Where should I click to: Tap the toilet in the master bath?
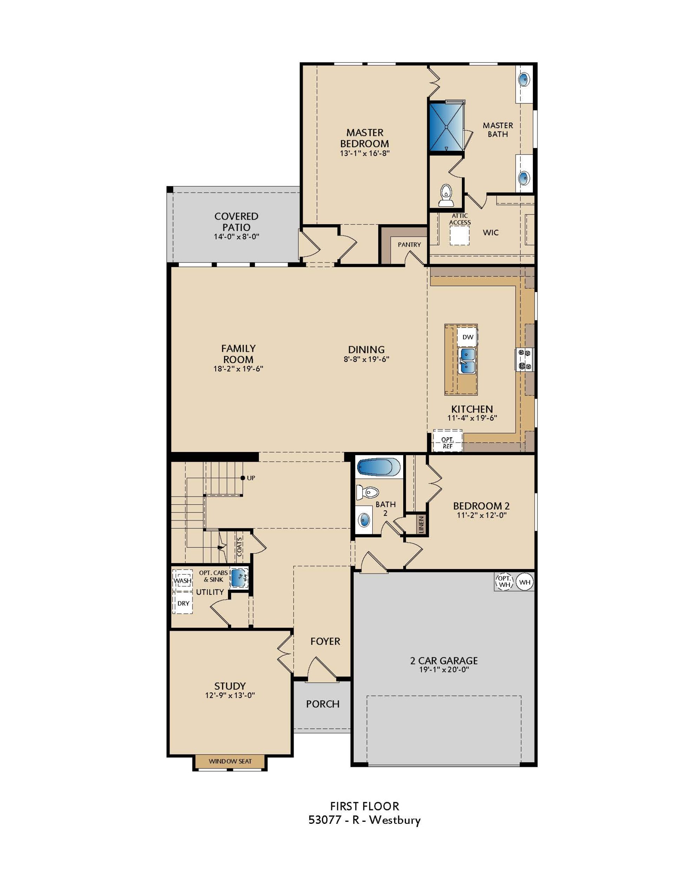pos(445,196)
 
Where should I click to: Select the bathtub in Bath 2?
pos(378,467)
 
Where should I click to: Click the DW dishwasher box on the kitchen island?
pos(467,337)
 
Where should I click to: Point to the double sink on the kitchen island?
pos(467,361)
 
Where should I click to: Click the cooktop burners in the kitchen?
pos(524,359)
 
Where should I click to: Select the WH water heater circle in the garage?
pos(525,582)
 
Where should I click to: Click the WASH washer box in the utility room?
pos(182,580)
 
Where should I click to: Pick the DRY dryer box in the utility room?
pos(183,603)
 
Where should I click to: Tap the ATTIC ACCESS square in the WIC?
pos(459,235)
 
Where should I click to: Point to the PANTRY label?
pos(409,245)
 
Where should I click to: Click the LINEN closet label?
pos(421,525)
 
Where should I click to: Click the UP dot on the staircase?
pos(242,478)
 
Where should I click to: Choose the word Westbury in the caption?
pos(394,820)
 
